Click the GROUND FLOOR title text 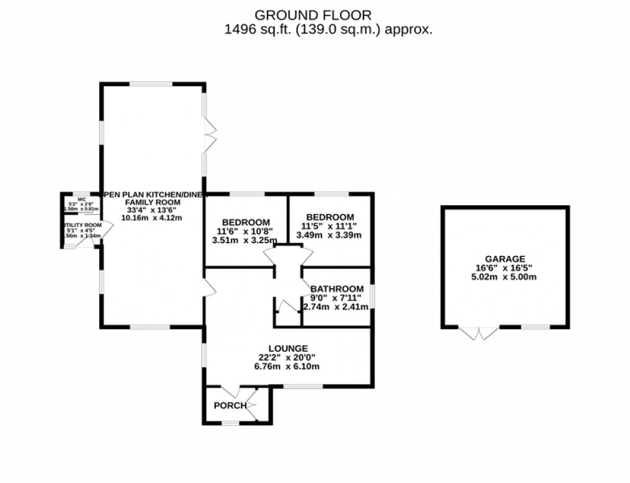(313, 15)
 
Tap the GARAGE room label (505, 259)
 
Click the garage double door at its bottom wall (480, 332)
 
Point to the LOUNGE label (289, 349)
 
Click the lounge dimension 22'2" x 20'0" (289, 358)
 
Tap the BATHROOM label (337, 289)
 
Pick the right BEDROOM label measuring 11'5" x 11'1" (330, 217)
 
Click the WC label (82, 199)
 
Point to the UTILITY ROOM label (83, 225)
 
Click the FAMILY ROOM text (152, 202)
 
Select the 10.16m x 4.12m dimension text (152, 217)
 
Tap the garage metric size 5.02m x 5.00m (505, 277)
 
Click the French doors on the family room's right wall (208, 135)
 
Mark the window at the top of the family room (152, 84)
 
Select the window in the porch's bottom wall (230, 423)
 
